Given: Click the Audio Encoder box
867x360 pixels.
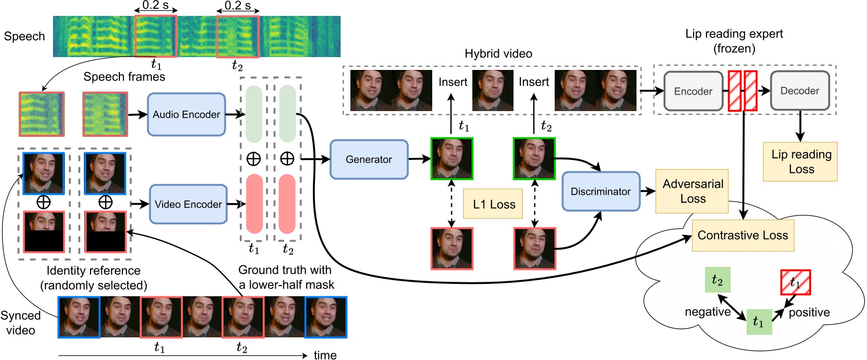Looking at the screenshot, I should click(186, 115).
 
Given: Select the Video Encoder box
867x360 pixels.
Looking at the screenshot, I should click(188, 204).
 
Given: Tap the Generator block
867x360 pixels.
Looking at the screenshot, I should click(368, 159).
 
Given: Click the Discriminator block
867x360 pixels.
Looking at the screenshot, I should click(600, 191).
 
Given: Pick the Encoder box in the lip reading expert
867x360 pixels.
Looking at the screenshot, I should click(693, 91).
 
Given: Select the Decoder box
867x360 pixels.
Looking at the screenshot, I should click(799, 91).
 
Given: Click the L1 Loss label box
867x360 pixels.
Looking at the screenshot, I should click(493, 204).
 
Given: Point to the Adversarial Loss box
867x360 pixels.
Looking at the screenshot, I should click(692, 191).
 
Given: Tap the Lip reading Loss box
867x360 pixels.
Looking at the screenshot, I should click(801, 161).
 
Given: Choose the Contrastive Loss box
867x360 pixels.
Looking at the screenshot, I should click(742, 236).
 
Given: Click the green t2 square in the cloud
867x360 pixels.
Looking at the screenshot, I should click(717, 280).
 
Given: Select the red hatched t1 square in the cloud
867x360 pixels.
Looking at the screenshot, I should click(795, 282).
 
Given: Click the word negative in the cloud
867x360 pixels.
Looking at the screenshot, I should click(707, 312).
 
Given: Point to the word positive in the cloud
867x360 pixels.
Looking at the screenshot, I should click(809, 312).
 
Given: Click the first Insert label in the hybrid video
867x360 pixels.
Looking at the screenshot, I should click(453, 82).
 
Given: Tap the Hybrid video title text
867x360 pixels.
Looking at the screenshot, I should click(498, 53).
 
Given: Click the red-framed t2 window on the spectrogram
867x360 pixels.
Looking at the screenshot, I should click(237, 37).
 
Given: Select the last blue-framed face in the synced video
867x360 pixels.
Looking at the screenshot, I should click(326, 317).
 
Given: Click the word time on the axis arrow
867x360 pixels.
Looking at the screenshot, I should click(325, 354).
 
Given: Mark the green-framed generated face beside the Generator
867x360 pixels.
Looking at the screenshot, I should click(452, 158).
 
